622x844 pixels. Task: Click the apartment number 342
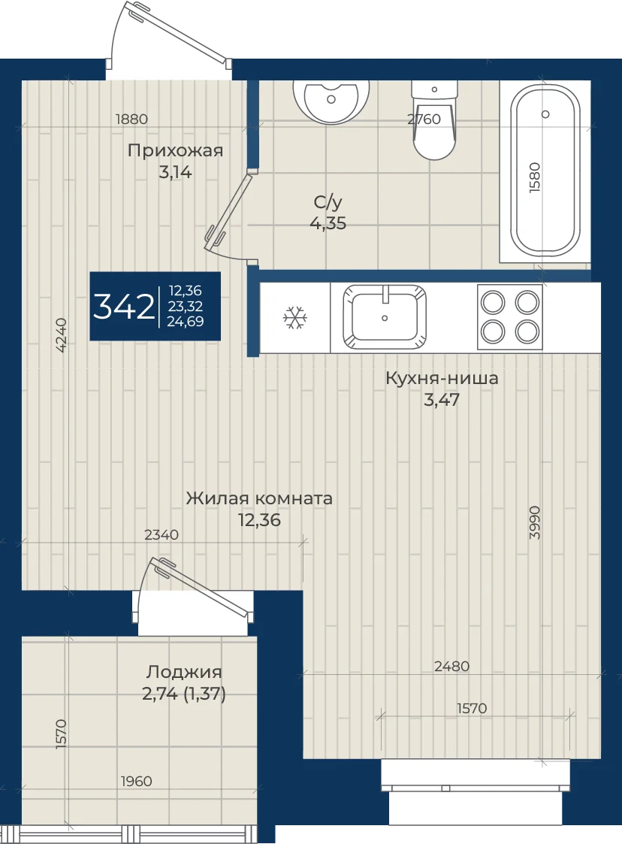pyautogui.click(x=124, y=307)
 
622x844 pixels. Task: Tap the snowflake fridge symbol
pyautogui.click(x=295, y=318)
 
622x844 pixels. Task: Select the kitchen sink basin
pyautogui.click(x=384, y=317)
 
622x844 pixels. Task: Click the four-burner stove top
pyautogui.click(x=510, y=317)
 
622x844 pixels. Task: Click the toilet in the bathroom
pyautogui.click(x=434, y=120)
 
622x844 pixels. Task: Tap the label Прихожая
pyautogui.click(x=176, y=151)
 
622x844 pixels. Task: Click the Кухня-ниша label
pyautogui.click(x=442, y=378)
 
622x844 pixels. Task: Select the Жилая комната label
pyautogui.click(x=259, y=498)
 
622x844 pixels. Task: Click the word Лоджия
pyautogui.click(x=184, y=673)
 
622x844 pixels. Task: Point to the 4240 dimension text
pyautogui.click(x=62, y=334)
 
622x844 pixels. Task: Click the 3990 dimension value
pyautogui.click(x=534, y=522)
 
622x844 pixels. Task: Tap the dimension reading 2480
pyautogui.click(x=452, y=667)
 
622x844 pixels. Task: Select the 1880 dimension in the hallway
pyautogui.click(x=131, y=119)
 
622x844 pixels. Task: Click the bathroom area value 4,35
pyautogui.click(x=328, y=223)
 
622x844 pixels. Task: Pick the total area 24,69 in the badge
pyautogui.click(x=186, y=322)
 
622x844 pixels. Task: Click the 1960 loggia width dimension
pyautogui.click(x=136, y=781)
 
